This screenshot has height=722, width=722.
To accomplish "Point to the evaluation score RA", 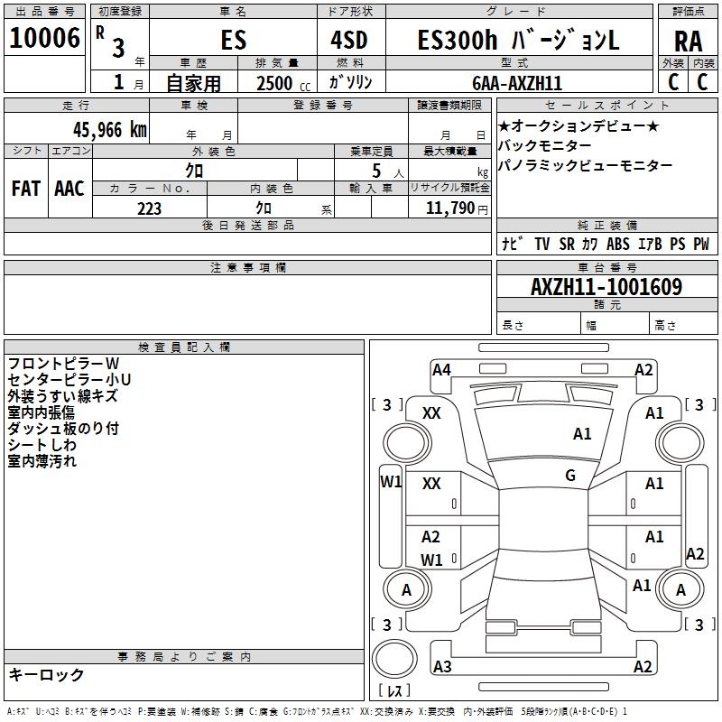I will coord(688,42).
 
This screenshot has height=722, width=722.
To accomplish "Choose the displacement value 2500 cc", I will coord(282,83).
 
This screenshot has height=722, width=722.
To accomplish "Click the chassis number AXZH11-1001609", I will coord(606,288).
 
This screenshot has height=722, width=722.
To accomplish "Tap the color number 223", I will coord(149,208).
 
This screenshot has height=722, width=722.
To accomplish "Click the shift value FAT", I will coord(25,189).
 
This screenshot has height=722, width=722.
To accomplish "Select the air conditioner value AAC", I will coord(69,189).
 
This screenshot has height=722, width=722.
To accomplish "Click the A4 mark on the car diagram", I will coord(441,369).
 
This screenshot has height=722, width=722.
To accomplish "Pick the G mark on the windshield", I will coord(570,475).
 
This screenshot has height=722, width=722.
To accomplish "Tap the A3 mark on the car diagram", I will coord(442,667).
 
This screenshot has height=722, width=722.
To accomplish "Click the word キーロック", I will coord(46,674).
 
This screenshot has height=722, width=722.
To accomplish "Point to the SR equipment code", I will coord(566,244).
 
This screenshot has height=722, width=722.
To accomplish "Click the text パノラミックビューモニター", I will coord(585,166).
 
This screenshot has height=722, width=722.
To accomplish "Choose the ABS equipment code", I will coord(617,244).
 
